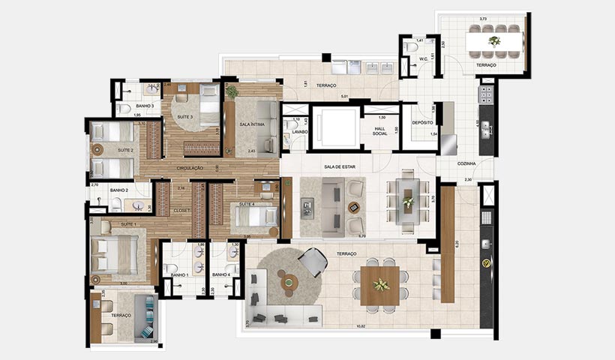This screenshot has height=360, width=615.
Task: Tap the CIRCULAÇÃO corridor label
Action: [190, 168]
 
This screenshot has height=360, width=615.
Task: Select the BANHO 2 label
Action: [120, 190]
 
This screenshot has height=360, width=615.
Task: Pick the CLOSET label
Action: [183, 211]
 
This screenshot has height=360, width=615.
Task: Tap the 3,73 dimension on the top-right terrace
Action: [491, 19]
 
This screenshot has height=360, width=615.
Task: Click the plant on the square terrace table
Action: [382, 284]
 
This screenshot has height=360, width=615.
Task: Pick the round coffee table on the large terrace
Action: [288, 282]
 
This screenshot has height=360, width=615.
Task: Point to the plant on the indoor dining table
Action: [408, 201]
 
